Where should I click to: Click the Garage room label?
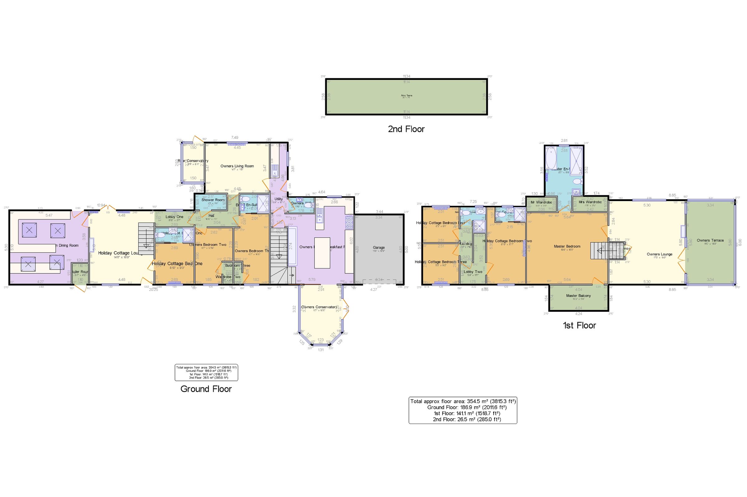point(378,247)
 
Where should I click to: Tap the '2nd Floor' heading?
point(406,129)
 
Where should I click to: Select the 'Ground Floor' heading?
point(206,389)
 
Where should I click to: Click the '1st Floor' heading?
point(579,325)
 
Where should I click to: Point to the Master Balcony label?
point(578,296)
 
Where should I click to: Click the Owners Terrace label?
point(710,240)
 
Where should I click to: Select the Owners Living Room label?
point(237,166)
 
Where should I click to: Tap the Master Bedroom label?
point(567,246)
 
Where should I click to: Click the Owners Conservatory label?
point(319,307)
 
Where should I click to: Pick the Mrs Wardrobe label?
point(590,202)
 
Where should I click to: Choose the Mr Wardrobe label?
point(541,202)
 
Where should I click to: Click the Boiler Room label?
point(80,272)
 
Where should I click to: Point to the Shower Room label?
point(213,200)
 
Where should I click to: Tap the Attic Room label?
point(406,95)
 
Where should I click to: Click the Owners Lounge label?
point(660,254)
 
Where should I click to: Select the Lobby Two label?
point(473,272)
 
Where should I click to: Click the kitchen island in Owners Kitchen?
point(322,253)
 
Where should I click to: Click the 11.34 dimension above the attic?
point(406,76)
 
